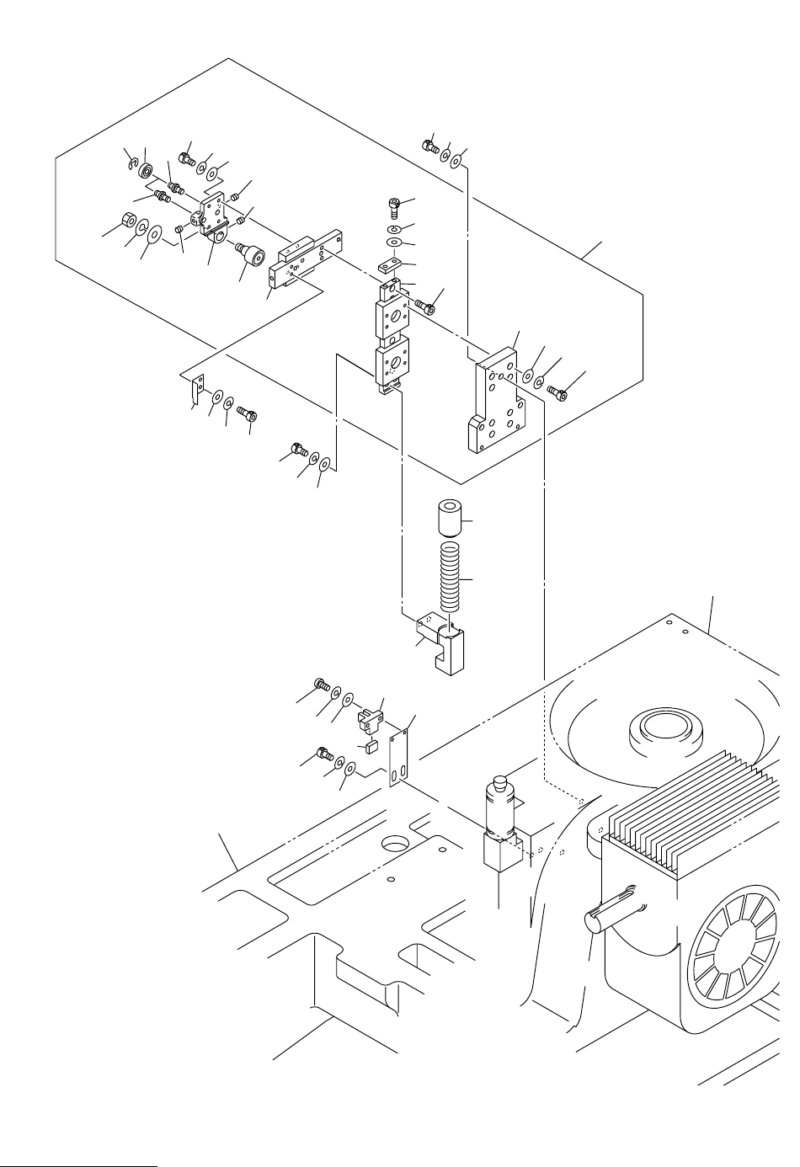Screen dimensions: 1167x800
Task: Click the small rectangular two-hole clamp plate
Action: pos(387,268)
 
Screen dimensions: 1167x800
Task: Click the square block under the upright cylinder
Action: pos(499,857)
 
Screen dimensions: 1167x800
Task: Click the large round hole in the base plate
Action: pos(394,842)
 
